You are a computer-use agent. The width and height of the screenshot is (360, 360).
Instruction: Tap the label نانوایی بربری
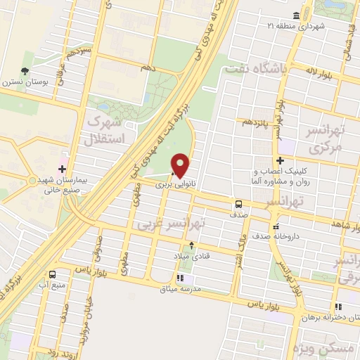[174, 185]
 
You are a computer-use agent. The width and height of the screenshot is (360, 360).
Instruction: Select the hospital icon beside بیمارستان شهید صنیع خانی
[63, 169]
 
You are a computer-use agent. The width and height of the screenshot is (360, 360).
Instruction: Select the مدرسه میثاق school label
[183, 289]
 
